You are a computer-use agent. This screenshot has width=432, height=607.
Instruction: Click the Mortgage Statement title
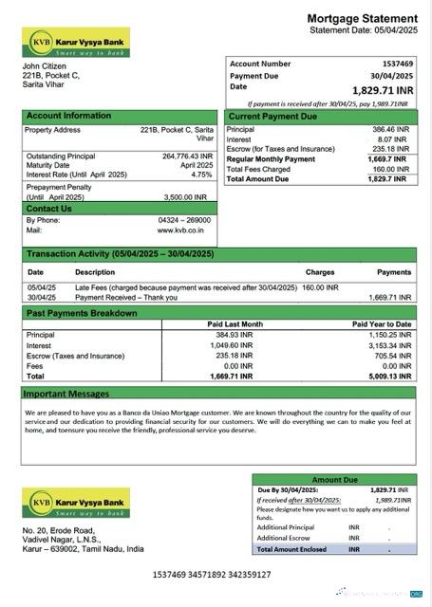362,19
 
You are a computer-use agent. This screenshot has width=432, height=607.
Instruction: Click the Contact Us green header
49,208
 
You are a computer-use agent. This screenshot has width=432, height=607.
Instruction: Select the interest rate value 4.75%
201,175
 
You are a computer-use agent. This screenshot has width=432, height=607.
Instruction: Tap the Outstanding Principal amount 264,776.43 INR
187,156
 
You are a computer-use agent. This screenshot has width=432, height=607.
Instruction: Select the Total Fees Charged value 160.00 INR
389,169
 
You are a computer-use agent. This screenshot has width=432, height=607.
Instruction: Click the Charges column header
320,272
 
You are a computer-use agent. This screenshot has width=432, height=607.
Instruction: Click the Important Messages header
66,393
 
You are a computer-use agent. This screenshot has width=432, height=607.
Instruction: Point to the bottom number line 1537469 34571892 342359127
211,575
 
